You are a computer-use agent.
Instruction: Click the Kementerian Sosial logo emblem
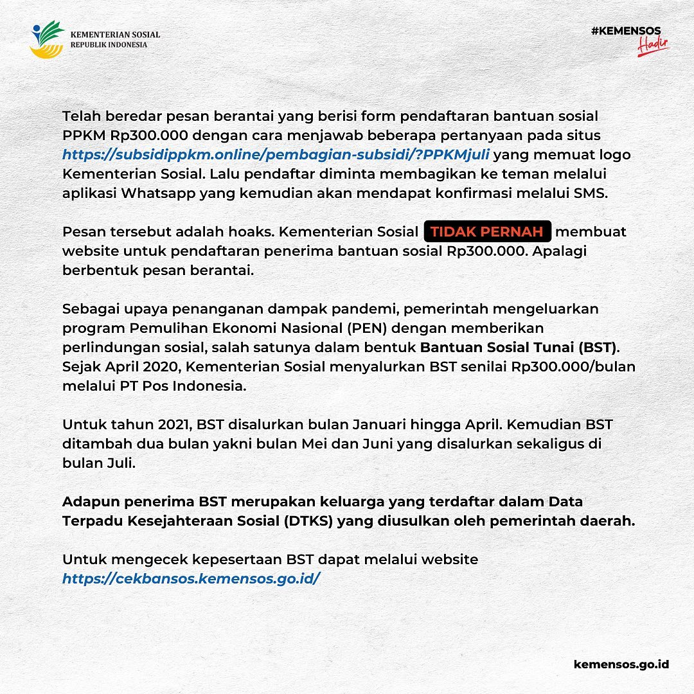[47, 40]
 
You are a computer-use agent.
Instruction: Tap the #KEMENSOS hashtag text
[626, 30]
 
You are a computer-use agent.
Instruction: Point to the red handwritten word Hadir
[654, 45]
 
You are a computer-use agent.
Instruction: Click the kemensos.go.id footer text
[621, 664]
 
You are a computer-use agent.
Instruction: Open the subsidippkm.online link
[276, 155]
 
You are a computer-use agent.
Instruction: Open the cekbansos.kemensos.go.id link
[191, 578]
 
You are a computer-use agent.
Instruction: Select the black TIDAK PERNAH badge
[488, 231]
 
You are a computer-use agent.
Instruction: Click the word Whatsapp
[161, 193]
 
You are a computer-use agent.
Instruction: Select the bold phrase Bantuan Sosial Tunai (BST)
[519, 348]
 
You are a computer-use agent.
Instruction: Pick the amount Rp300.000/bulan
[574, 367]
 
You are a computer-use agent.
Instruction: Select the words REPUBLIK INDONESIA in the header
[109, 45]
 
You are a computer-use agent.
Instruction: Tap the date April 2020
[130, 367]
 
